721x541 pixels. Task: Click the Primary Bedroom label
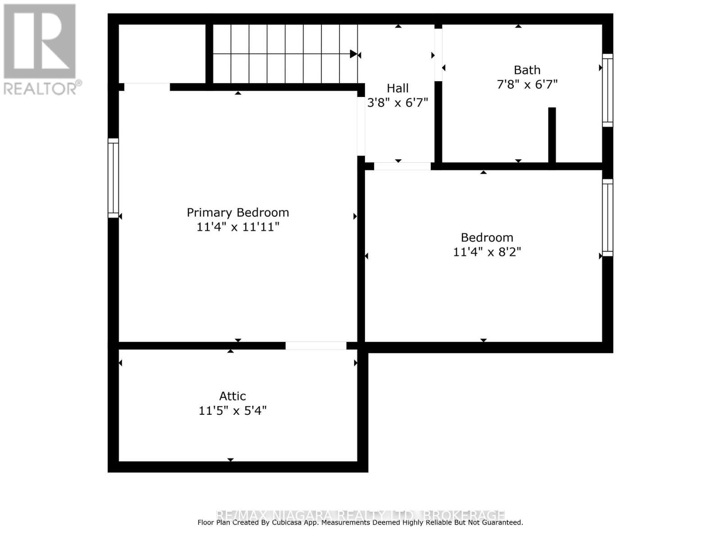click(x=237, y=212)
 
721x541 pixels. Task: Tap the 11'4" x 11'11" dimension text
click(x=237, y=227)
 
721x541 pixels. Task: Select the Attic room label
click(x=233, y=396)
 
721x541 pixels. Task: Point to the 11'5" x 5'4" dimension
click(x=233, y=411)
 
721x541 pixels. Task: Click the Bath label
click(x=527, y=70)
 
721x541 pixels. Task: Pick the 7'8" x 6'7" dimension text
click(x=527, y=84)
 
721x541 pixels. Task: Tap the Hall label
click(x=397, y=88)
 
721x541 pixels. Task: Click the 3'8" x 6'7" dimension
click(x=397, y=103)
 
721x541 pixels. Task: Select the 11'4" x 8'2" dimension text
click(x=487, y=252)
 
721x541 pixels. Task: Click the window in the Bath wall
click(x=607, y=90)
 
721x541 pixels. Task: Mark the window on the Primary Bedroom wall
click(x=113, y=178)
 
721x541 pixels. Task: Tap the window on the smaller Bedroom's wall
click(x=607, y=218)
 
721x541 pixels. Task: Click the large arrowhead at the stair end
click(x=354, y=54)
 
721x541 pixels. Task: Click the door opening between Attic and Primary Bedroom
click(x=316, y=346)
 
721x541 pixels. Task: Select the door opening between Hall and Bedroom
click(x=402, y=166)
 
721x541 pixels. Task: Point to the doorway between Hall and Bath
click(x=438, y=55)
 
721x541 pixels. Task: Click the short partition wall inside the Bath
click(x=552, y=135)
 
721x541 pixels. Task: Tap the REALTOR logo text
click(x=42, y=87)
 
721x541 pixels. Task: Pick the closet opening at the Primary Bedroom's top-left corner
click(x=147, y=87)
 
